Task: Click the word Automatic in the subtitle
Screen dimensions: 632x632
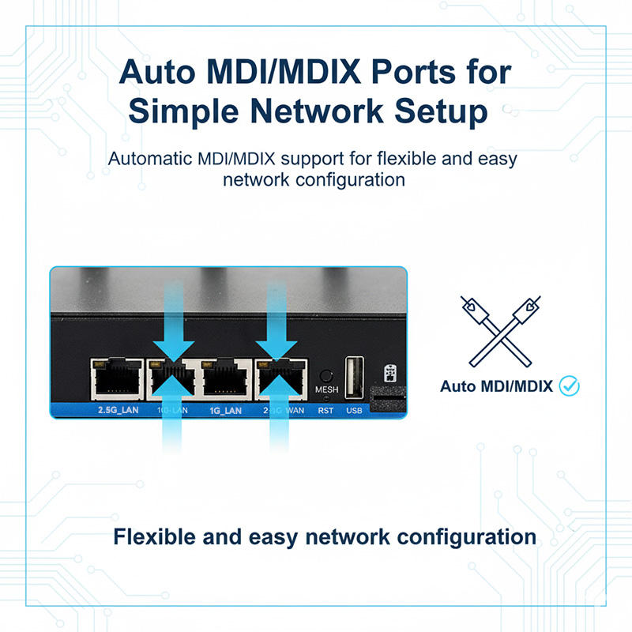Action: pyautogui.click(x=149, y=158)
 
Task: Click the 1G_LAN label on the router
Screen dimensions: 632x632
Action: pyautogui.click(x=224, y=410)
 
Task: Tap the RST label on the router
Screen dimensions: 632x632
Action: pyautogui.click(x=325, y=410)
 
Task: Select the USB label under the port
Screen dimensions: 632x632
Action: pyautogui.click(x=354, y=410)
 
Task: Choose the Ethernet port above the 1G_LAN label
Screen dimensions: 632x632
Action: pyautogui.click(x=225, y=378)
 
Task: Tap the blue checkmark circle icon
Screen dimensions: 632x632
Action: pyautogui.click(x=569, y=386)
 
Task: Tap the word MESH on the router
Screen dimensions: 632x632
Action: pyautogui.click(x=325, y=390)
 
